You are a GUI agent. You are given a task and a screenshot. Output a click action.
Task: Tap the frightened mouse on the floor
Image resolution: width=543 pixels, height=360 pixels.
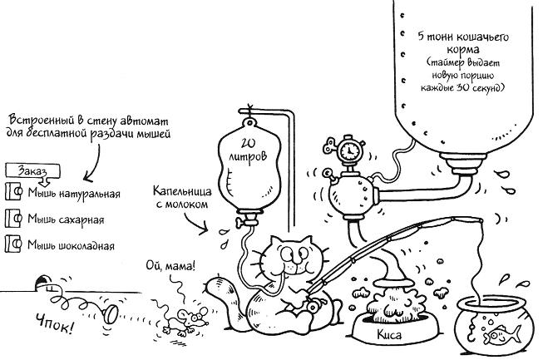pos(187,320)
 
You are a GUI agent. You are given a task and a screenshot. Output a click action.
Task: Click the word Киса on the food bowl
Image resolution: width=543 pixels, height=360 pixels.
pos(389,335)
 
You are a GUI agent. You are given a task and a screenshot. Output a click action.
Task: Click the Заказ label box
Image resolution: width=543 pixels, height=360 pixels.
pos(33,171)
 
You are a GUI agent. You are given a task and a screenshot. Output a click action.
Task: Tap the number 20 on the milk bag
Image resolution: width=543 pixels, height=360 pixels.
pos(247,143)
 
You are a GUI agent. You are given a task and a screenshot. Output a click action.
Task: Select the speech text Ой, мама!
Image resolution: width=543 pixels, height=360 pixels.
pos(170,266)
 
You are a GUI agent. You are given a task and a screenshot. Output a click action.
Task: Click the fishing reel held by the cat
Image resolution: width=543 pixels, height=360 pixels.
pos(314,306)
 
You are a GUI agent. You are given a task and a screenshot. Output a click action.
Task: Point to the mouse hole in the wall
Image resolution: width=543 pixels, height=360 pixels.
pos(42,283)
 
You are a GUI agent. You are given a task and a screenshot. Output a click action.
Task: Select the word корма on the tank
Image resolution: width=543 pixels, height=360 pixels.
pos(464,49)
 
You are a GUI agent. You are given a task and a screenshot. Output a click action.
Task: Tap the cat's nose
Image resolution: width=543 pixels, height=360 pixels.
pos(294,259)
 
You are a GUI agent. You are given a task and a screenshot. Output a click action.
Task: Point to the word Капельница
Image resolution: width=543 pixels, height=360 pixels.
pos(182,190)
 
